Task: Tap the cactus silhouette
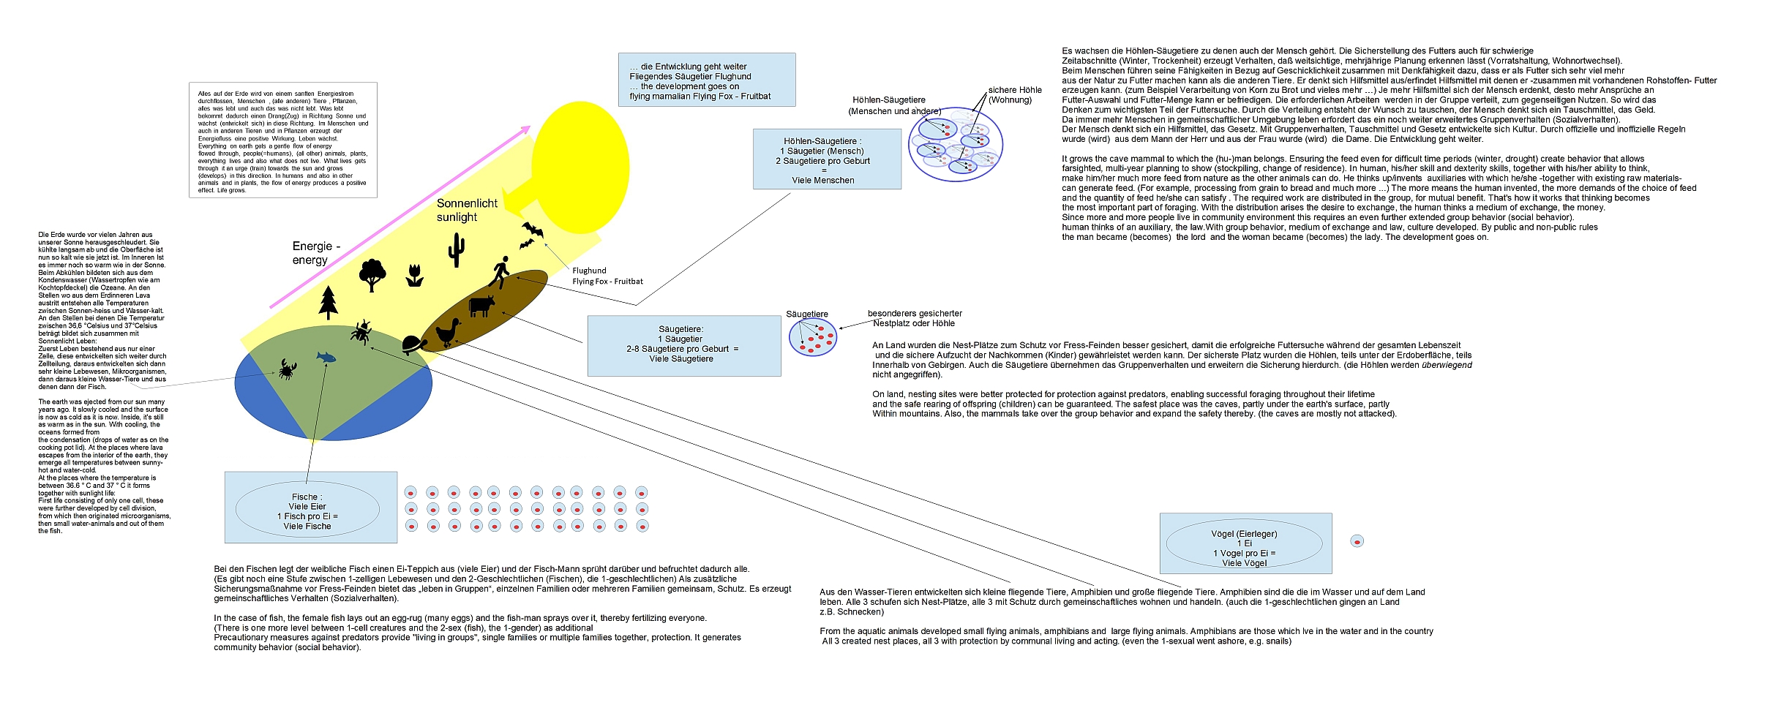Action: (456, 250)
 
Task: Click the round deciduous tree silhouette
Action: (372, 275)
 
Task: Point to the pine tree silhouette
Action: (329, 302)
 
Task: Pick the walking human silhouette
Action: (500, 273)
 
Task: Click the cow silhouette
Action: (481, 306)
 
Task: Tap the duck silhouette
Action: (448, 333)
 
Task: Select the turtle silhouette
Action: (414, 344)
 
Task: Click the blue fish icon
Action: (326, 357)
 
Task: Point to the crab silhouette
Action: (287, 369)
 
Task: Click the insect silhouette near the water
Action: (361, 332)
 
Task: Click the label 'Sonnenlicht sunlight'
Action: (467, 211)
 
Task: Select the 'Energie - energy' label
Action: (316, 253)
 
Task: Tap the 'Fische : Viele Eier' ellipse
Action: (307, 510)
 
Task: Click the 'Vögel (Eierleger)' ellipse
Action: (1244, 543)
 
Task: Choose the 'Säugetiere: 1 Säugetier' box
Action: (683, 345)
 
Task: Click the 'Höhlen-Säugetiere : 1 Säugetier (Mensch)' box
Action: (827, 159)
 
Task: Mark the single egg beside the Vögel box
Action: (1357, 542)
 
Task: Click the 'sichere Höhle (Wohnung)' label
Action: (1014, 95)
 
